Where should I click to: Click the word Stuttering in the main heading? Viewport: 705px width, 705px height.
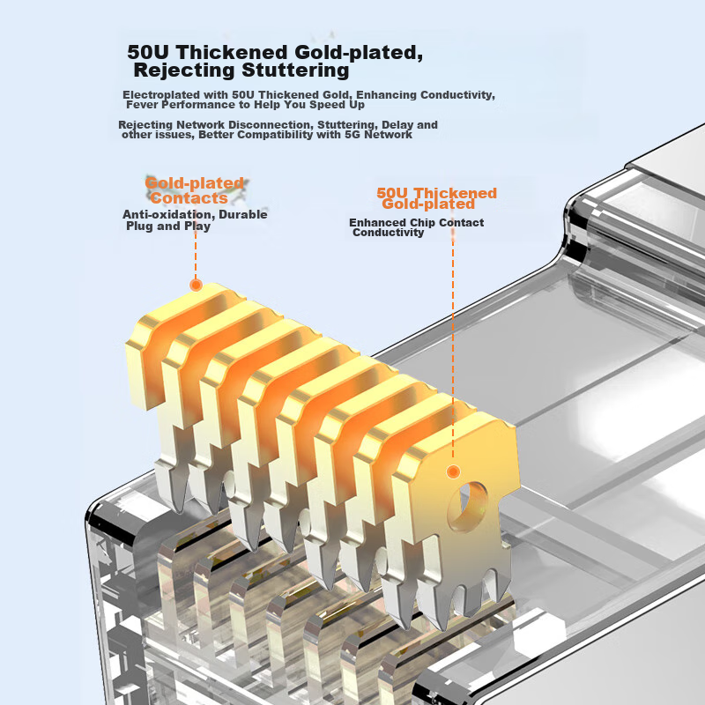pos(295,70)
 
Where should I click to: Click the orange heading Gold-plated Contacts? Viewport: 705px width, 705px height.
pos(194,190)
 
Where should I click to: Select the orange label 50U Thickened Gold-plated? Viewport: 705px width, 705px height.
pos(436,198)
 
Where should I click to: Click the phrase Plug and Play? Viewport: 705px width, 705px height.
pos(168,226)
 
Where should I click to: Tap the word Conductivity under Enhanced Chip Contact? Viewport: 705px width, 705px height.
pos(388,233)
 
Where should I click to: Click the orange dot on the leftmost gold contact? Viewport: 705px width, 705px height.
pos(196,285)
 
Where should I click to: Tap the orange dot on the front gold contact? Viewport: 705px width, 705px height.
pos(453,471)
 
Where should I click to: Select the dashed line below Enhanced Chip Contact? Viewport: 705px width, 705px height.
pos(453,351)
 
